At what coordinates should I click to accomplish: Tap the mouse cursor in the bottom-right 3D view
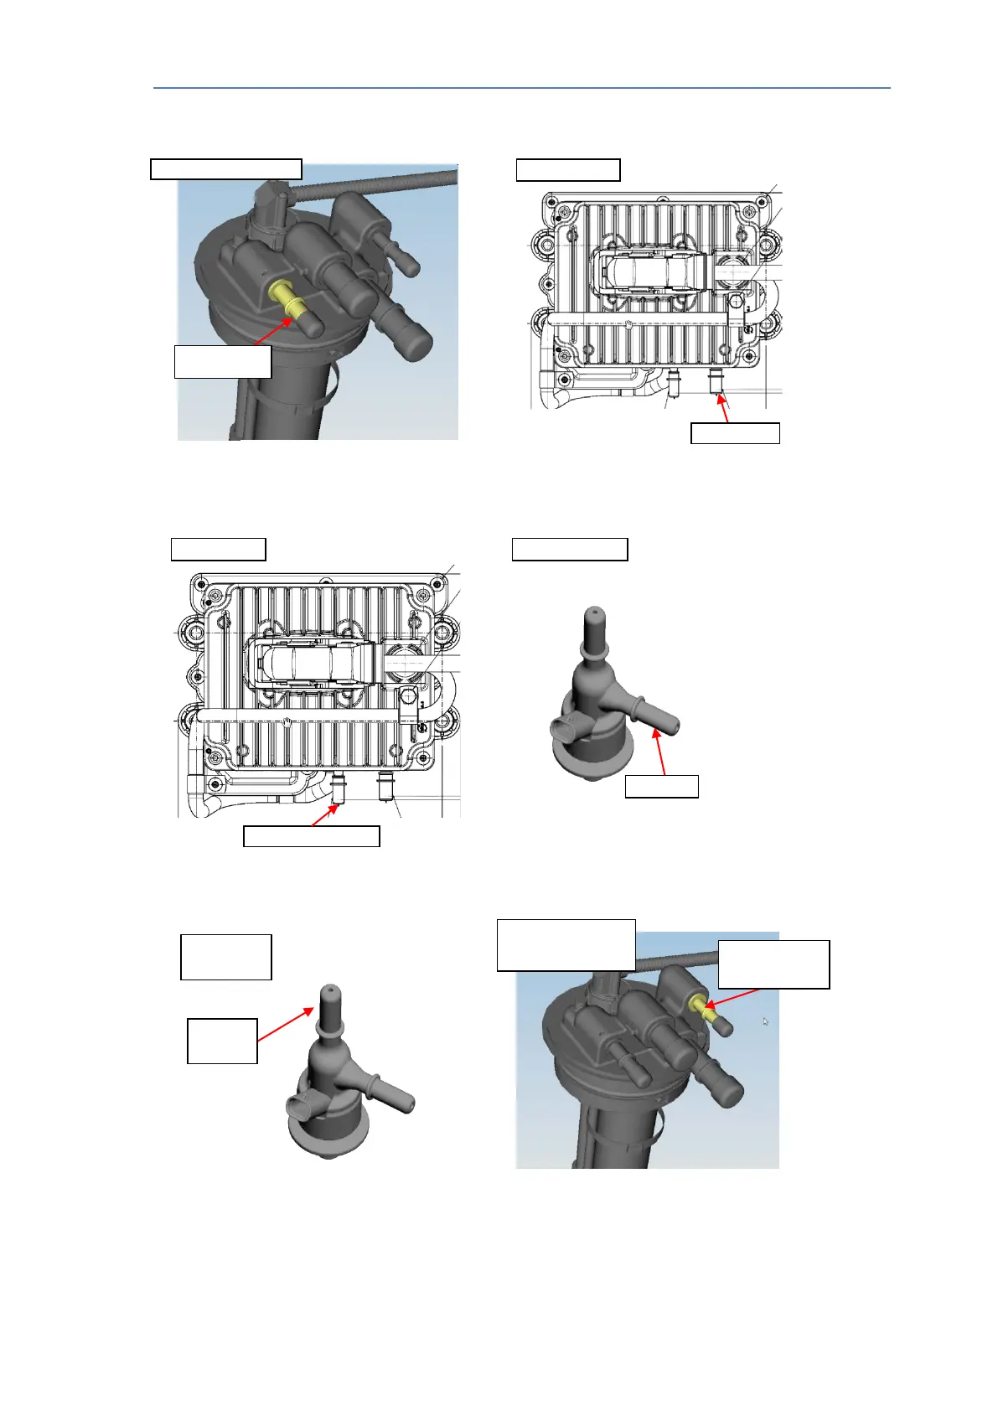(x=765, y=1021)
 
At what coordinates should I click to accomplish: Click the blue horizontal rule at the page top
(x=521, y=87)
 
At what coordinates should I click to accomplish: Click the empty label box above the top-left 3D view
(x=225, y=168)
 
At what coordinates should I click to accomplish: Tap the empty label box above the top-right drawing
(x=567, y=170)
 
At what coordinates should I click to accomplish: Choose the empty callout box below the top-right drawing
(x=735, y=433)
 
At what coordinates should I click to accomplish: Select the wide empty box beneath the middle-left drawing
(x=311, y=836)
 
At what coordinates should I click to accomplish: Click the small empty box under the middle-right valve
(x=661, y=787)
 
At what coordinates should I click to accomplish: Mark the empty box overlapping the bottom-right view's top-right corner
(x=773, y=964)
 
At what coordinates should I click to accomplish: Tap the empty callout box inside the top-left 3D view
(x=222, y=361)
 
